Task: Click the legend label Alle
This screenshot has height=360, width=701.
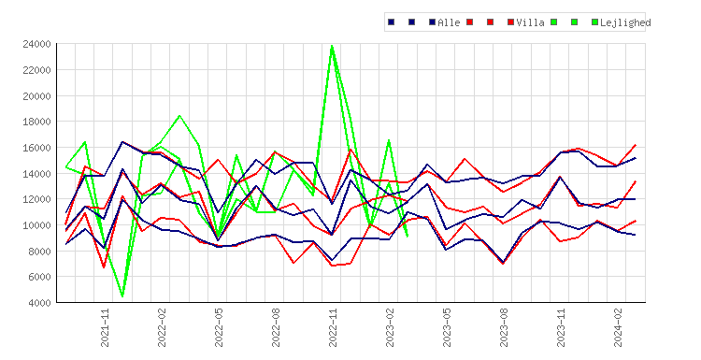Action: (x=449, y=22)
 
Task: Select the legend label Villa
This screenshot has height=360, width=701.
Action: (x=530, y=22)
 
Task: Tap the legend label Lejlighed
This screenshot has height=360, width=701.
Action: (x=625, y=22)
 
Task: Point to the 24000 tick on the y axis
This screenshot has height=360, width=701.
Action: (x=36, y=44)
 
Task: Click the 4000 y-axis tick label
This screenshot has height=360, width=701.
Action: (x=39, y=303)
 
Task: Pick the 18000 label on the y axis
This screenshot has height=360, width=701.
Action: (x=36, y=122)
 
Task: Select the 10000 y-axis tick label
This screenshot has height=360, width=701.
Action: (x=36, y=225)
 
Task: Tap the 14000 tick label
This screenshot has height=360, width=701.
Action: (x=36, y=174)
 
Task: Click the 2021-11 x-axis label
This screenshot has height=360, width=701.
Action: (x=105, y=327)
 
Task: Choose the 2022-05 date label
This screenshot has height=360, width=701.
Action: (x=219, y=327)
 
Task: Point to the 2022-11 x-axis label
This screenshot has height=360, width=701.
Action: (x=333, y=327)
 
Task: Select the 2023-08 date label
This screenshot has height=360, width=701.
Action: (x=504, y=327)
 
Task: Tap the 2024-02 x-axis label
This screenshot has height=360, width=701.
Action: (x=618, y=327)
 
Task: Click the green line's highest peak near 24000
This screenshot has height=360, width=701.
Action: (x=332, y=46)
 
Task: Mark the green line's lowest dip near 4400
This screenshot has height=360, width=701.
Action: (x=122, y=296)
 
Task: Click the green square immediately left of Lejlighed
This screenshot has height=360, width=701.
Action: (x=594, y=22)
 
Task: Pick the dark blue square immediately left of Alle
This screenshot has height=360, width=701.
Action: (x=433, y=22)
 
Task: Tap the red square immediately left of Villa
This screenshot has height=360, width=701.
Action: (x=511, y=22)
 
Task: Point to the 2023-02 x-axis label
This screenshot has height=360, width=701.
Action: (x=390, y=327)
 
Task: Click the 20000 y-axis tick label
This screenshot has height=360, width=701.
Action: (x=36, y=96)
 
